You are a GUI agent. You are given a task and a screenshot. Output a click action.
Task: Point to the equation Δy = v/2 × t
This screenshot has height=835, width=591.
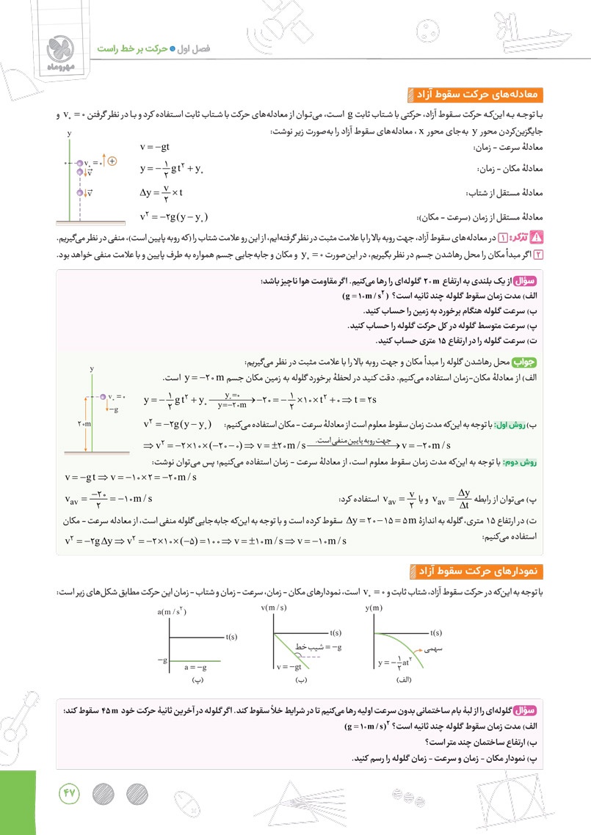coord(161,193)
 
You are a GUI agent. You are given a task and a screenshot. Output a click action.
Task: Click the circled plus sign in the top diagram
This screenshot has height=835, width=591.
coord(112,161)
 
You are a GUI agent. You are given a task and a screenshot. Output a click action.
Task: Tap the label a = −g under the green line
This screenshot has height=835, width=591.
coord(195,667)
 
